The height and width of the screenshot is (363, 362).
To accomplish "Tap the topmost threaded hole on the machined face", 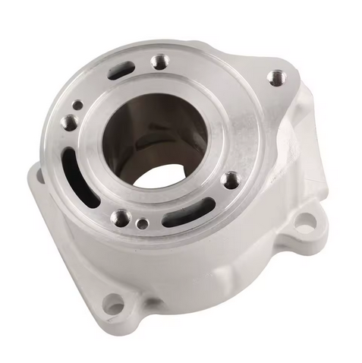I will click(x=159, y=61).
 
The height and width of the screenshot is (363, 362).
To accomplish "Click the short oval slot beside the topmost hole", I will click(x=121, y=71).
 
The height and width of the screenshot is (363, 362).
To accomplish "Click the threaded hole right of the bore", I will click(x=231, y=180).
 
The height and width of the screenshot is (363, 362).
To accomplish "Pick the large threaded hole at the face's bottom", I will click(x=120, y=218).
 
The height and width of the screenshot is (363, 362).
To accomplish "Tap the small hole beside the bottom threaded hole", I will click(x=142, y=224).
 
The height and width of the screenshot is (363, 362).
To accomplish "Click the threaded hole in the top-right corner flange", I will click(x=277, y=77).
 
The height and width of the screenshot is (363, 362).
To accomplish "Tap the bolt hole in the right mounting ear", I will click(x=304, y=224).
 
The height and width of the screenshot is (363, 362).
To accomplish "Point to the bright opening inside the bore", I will click(x=163, y=176).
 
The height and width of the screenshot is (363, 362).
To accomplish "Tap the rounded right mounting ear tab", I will click(x=307, y=220).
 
